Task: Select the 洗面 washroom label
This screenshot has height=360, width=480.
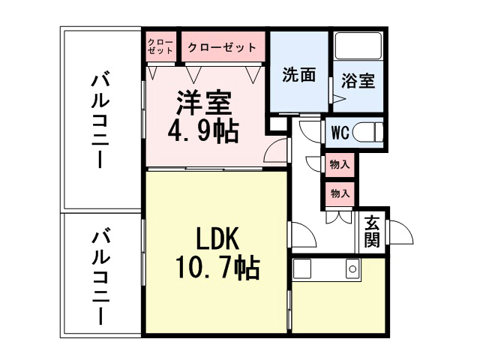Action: tap(298, 76)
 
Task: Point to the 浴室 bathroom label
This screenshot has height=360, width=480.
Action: tap(358, 80)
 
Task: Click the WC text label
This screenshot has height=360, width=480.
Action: tap(340, 133)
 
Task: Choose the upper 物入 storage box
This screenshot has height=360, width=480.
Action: tap(340, 164)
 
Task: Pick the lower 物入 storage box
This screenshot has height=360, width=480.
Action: tap(340, 193)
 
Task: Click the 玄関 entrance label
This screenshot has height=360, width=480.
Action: tap(371, 230)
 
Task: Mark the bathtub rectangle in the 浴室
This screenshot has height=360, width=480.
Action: tap(357, 46)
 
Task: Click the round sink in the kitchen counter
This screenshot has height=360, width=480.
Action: tap(351, 268)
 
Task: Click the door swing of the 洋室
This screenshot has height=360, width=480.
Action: tap(276, 154)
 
